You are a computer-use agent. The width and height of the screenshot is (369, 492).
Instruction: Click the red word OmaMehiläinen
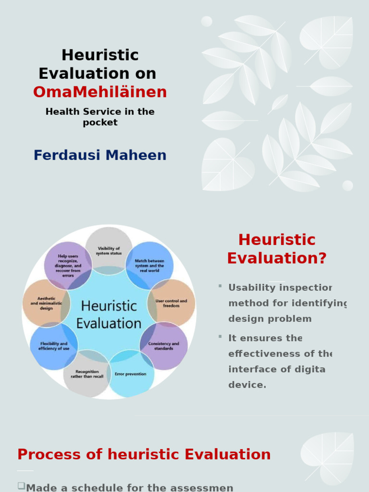[x=100, y=92]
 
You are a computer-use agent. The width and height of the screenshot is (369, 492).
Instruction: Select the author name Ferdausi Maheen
[x=100, y=155]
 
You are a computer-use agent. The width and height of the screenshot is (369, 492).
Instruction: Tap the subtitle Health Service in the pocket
[x=100, y=117]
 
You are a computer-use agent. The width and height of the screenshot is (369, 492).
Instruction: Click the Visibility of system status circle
[x=109, y=250]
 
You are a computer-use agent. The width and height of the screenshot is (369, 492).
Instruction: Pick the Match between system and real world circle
[x=149, y=265]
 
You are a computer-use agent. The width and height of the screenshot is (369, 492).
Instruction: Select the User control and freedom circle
[x=171, y=303]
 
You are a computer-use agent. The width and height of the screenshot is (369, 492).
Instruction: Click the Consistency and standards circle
[x=163, y=345]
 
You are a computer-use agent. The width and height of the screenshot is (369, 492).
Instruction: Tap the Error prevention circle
[x=131, y=374]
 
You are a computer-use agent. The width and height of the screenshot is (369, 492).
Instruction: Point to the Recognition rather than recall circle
[x=87, y=374]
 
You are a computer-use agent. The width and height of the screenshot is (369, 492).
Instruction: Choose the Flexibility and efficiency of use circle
[x=54, y=346]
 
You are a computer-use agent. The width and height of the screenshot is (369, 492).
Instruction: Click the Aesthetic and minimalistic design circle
[x=46, y=303]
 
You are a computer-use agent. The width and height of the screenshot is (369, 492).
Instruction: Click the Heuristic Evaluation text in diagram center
[x=109, y=314]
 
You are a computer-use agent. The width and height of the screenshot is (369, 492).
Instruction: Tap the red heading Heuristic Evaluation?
[x=277, y=249]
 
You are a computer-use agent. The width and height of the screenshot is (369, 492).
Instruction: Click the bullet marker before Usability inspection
[x=220, y=286]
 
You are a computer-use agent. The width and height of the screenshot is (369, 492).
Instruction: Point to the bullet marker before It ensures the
[x=220, y=336]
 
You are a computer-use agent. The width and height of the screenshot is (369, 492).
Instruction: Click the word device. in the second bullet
[x=247, y=385]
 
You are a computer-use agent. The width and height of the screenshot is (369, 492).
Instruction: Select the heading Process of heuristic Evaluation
[x=144, y=454]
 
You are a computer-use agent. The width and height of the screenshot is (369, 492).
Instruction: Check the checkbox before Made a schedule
[x=21, y=486]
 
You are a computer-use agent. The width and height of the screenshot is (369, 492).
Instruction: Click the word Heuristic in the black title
[x=100, y=55]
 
